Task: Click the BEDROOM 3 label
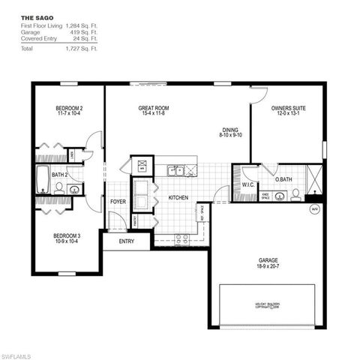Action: tap(67, 236)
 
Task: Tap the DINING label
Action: tap(230, 129)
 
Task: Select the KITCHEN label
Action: tap(178, 198)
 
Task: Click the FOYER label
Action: tap(118, 202)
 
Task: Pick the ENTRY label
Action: tap(126, 241)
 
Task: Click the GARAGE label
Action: tap(268, 261)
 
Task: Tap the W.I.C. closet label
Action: tap(248, 184)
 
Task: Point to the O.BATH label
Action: tap(283, 180)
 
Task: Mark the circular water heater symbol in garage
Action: tap(314, 210)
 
